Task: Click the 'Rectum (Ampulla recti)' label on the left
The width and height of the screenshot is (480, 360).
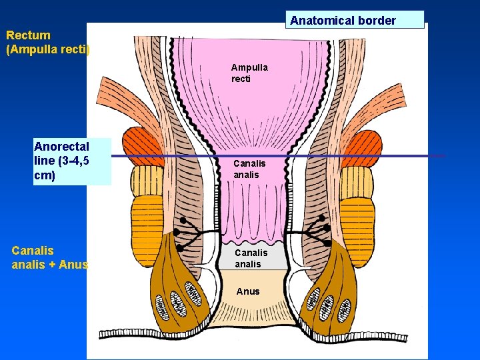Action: [x=47, y=42]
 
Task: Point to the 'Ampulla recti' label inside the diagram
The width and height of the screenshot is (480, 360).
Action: [x=249, y=73]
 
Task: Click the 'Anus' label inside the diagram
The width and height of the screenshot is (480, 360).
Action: [x=247, y=291]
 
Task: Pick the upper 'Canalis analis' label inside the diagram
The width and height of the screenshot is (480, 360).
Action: [x=249, y=169]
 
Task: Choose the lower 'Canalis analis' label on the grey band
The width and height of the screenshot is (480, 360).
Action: [x=251, y=258]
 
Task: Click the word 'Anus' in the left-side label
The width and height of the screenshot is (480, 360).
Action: [x=73, y=265]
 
